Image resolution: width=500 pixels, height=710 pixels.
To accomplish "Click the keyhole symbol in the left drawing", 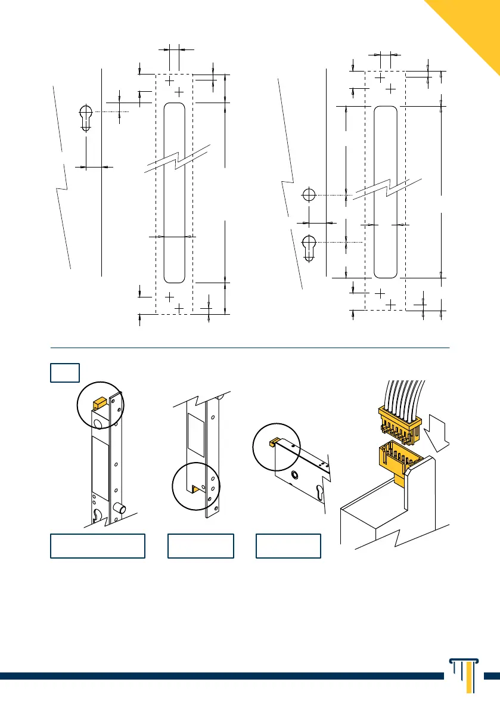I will point(86,117).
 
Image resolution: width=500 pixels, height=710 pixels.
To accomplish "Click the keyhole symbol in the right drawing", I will point(309,247).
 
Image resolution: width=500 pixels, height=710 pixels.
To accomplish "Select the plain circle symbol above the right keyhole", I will point(309,195).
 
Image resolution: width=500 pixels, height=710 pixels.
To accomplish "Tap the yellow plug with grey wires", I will point(399,421).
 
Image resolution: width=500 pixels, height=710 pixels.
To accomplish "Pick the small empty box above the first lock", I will point(64,373).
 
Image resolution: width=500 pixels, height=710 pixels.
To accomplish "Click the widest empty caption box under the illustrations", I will point(98,545).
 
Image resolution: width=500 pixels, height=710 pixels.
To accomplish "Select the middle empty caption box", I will point(200,545).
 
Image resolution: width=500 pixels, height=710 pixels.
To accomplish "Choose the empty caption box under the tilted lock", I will point(288,545).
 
